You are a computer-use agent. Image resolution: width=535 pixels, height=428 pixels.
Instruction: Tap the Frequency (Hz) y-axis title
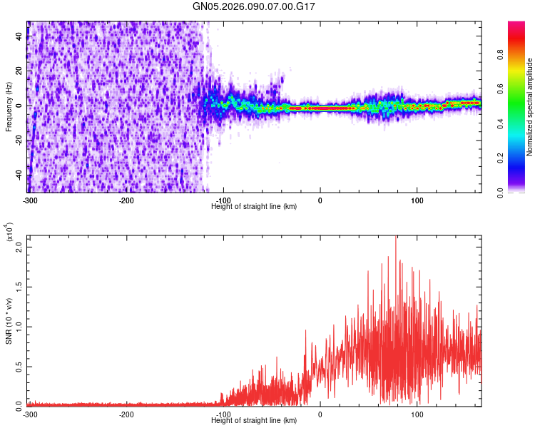pos(9,106)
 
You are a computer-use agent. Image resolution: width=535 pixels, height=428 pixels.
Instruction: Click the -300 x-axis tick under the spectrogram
pos(29,200)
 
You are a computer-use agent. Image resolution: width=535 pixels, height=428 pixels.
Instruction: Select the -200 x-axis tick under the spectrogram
pos(126,200)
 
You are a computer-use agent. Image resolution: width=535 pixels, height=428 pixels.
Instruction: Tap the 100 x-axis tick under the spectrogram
pos(417,200)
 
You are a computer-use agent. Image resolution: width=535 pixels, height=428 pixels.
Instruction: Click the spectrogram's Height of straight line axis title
pos(254,206)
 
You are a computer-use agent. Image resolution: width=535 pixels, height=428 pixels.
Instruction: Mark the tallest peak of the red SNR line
pos(395,237)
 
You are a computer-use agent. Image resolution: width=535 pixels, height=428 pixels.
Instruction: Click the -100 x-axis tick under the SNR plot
pos(223,414)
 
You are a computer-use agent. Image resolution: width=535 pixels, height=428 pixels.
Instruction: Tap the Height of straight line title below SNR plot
pos(254,420)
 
